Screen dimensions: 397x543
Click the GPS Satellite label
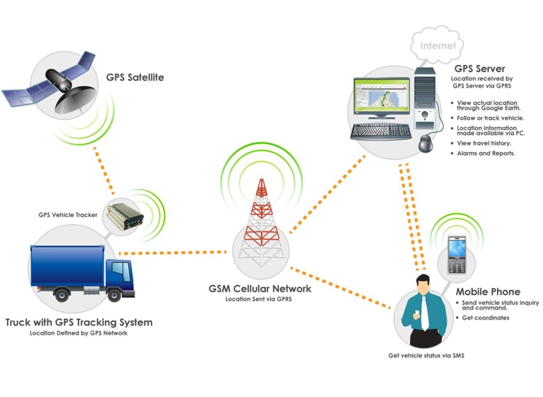[135, 78]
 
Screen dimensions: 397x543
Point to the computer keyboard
[381, 131]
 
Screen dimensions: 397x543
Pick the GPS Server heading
[480, 69]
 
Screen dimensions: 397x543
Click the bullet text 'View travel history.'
[484, 143]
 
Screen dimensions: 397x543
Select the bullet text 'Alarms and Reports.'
[485, 153]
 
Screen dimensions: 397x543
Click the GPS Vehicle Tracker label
[68, 215]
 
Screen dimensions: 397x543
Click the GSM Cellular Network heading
[260, 288]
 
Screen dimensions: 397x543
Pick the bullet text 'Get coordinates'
[485, 318]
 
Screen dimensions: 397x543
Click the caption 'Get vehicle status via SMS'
[426, 355]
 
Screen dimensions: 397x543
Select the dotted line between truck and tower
[173, 253]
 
